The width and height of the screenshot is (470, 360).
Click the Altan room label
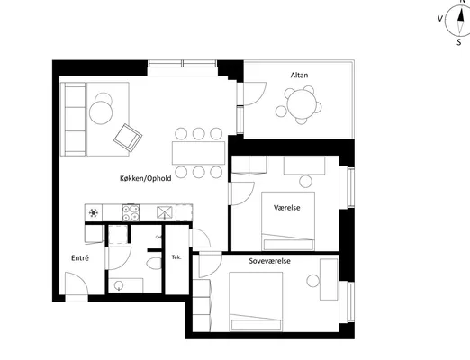299,75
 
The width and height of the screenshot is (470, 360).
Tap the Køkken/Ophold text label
146,178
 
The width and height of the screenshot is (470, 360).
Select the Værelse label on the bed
286,208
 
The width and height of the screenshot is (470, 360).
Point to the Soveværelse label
269,261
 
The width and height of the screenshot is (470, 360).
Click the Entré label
80,258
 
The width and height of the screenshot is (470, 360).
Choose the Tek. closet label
176,257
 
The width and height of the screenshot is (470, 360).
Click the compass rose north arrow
460,19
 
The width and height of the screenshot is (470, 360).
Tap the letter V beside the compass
440,19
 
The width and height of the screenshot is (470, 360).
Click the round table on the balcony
302,104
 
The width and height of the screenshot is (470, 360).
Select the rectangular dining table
198,153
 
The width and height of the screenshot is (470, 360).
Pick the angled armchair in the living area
128,138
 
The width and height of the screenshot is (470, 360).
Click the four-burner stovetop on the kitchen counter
131,212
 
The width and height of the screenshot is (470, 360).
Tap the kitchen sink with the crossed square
165,212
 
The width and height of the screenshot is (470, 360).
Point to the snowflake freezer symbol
94,213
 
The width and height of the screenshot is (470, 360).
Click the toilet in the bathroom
155,263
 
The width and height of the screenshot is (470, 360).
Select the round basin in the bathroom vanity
119,285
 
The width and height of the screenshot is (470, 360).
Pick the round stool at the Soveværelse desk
312,281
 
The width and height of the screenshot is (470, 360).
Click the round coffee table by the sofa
101,112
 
